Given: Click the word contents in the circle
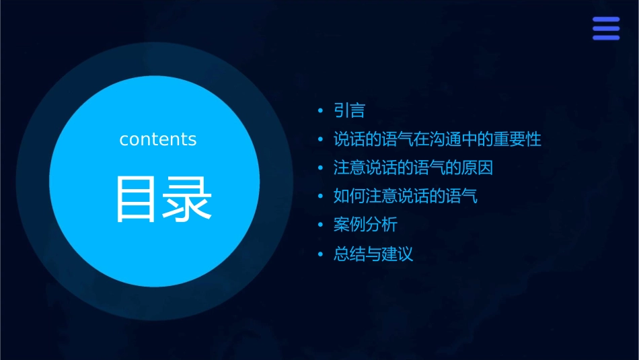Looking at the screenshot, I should [x=157, y=139].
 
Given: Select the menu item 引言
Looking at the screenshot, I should [x=349, y=110].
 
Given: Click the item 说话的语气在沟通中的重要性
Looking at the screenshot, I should [x=437, y=139].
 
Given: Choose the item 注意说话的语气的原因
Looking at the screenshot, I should [x=413, y=168].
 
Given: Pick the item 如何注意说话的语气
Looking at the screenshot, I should [x=405, y=196].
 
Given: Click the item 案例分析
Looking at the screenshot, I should [x=365, y=225].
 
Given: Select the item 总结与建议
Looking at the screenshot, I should [x=373, y=254].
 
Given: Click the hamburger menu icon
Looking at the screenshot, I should [x=605, y=28].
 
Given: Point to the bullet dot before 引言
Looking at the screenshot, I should [x=320, y=111].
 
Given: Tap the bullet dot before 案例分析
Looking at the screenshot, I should [x=320, y=225].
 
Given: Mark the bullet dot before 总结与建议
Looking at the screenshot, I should [x=320, y=254].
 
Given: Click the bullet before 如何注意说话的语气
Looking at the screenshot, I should [x=320, y=197].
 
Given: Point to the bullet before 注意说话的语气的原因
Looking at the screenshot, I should [x=320, y=168].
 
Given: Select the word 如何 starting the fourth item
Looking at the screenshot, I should [x=350, y=196].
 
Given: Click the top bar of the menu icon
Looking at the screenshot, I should [x=605, y=20].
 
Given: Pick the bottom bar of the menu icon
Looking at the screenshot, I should [x=605, y=37].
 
